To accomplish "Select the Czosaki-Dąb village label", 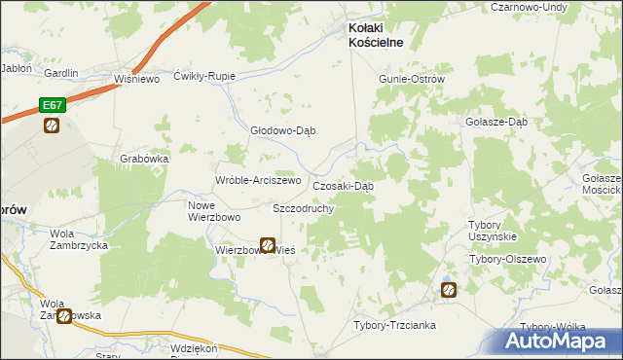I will pyautogui.click(x=343, y=185).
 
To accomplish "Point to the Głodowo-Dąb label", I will pyautogui.click(x=283, y=131).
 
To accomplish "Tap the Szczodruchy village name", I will pyautogui.click(x=304, y=208).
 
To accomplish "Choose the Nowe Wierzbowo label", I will pyautogui.click(x=213, y=210).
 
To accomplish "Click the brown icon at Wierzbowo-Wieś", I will pyautogui.click(x=267, y=246).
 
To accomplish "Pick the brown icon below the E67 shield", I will pyautogui.click(x=52, y=126).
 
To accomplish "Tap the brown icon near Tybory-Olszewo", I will pyautogui.click(x=449, y=289).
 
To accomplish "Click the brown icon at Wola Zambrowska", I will pyautogui.click(x=64, y=316).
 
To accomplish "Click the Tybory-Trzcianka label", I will pyautogui.click(x=393, y=325).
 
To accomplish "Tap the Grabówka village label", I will pyautogui.click(x=145, y=159).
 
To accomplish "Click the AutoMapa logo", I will pyautogui.click(x=559, y=342).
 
